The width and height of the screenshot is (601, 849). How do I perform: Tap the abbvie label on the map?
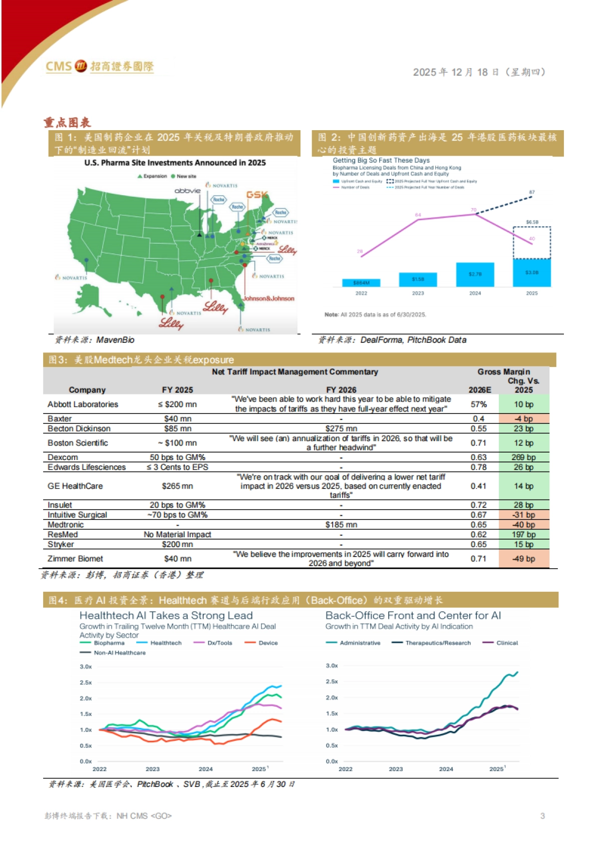[187, 191]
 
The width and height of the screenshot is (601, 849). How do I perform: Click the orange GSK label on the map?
[256, 195]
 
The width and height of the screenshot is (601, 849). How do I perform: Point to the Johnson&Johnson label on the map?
[268, 298]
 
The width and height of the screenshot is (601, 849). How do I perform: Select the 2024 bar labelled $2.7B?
[475, 274]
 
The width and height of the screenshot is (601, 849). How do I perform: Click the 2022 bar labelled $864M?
[361, 283]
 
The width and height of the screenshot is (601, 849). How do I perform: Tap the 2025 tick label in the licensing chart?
[531, 293]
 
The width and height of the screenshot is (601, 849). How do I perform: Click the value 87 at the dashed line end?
[531, 192]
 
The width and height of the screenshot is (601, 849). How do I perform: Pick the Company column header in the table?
[87, 390]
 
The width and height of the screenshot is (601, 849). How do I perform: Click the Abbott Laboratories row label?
[83, 404]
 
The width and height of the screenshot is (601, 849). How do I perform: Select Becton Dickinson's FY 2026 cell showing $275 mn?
[341, 429]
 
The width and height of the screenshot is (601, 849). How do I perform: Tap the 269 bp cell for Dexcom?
[523, 458]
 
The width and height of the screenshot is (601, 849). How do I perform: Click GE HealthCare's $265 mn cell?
[177, 486]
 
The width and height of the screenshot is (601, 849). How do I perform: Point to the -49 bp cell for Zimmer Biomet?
[523, 559]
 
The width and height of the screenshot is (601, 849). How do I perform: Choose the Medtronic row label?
[66, 525]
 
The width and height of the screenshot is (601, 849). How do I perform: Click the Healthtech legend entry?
[166, 643]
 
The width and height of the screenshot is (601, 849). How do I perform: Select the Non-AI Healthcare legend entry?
[120, 653]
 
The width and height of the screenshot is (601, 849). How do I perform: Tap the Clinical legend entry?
[507, 643]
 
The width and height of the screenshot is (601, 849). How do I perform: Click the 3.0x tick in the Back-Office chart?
[332, 666]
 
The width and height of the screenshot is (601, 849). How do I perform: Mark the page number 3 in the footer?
[542, 816]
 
